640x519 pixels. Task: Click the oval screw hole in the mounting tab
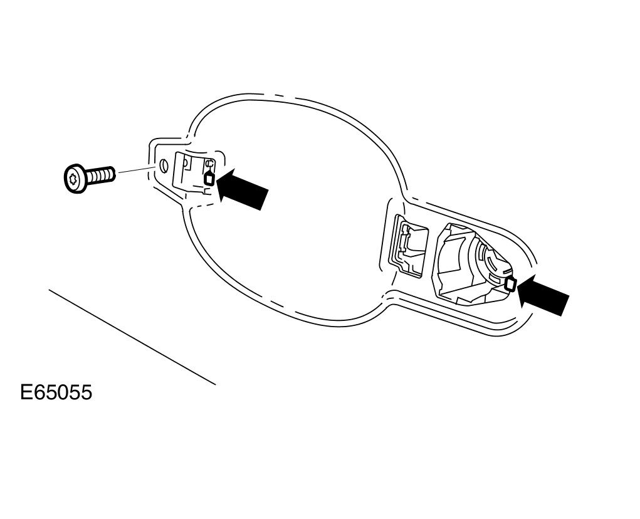(164, 166)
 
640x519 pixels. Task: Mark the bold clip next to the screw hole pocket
(209, 178)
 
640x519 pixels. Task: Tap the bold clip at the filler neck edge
(510, 284)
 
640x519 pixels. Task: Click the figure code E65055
(56, 393)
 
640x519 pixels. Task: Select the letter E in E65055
(27, 393)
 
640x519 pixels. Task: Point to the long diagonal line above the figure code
(132, 337)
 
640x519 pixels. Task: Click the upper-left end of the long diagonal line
(50, 290)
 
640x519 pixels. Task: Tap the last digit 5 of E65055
(86, 393)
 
